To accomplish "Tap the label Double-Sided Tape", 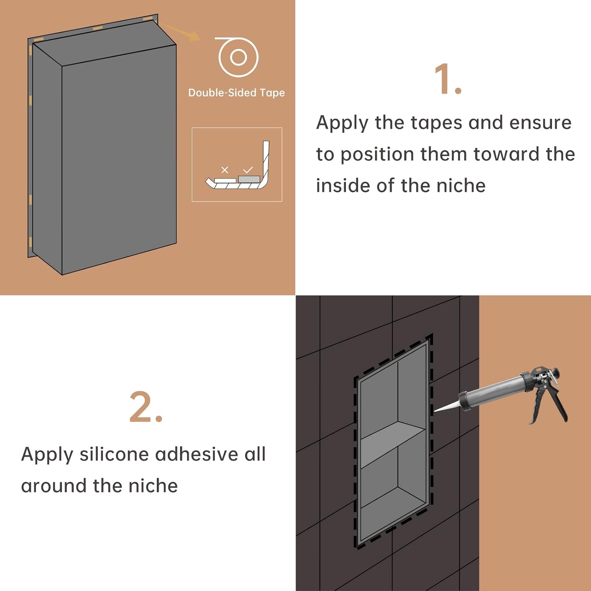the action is pos(236,93).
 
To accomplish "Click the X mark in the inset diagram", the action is pos(225,170).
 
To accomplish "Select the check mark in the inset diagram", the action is pos(248,170).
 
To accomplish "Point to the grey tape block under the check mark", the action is pos(249,179).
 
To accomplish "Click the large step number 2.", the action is pos(146,407).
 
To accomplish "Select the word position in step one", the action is pos(377,154).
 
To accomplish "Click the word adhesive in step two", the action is pos(197,454).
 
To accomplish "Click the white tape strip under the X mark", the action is pos(225,180).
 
